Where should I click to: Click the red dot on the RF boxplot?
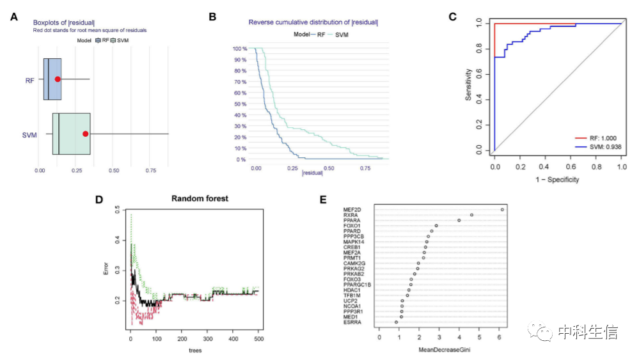(x=58, y=79)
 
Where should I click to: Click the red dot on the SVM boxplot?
(x=86, y=134)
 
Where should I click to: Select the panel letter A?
(x=14, y=17)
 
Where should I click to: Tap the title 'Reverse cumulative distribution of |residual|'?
(x=313, y=23)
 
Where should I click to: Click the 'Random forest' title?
(x=200, y=198)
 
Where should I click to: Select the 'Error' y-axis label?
(x=107, y=269)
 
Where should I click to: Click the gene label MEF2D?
(x=353, y=210)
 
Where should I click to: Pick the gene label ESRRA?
(x=353, y=322)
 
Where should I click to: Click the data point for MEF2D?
(x=502, y=210)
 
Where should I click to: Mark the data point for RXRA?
(x=471, y=215)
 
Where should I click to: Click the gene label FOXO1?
(x=353, y=226)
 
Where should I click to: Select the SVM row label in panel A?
(x=29, y=135)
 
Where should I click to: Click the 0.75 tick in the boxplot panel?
(x=151, y=171)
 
